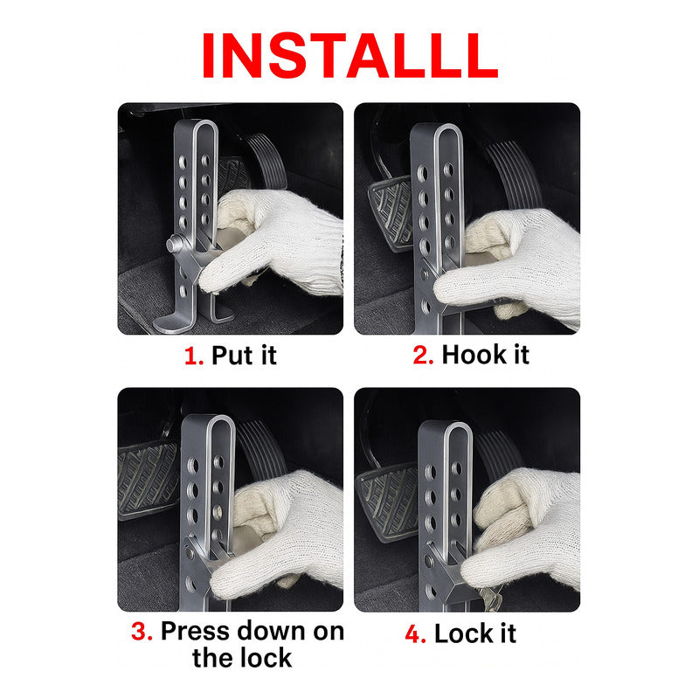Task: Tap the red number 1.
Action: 193,356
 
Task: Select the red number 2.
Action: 423,356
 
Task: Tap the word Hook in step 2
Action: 473,356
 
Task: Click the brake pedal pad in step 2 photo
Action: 388,214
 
